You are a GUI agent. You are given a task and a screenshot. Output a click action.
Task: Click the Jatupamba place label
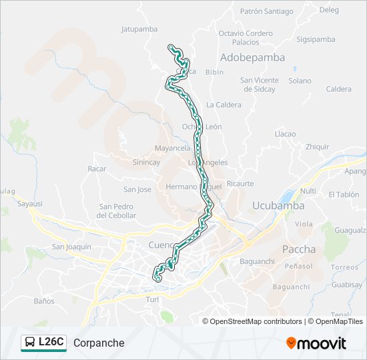[139, 29]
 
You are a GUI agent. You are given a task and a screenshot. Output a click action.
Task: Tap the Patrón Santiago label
[266, 11]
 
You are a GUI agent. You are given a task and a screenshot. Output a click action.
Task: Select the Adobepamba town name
[252, 57]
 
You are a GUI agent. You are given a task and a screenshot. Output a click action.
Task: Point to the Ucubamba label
[278, 205]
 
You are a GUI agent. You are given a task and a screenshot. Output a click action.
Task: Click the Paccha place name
[300, 249]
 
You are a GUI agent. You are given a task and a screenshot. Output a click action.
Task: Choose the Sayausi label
[30, 203]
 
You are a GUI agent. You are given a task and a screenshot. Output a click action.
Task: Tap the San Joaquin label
[71, 247]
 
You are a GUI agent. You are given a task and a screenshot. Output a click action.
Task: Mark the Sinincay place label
[146, 162]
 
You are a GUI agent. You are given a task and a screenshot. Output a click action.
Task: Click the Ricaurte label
[240, 183]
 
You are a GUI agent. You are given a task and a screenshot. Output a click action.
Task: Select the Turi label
[152, 300]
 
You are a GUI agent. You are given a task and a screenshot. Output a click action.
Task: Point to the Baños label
[43, 301]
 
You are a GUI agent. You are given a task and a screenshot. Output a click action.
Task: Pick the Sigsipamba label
[316, 39]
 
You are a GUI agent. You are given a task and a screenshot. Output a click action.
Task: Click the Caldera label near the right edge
[339, 89]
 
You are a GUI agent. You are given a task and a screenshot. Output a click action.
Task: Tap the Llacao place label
[285, 134]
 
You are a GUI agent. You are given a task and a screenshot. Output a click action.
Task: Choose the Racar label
[97, 169]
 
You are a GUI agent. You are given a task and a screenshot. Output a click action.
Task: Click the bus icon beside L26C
[30, 343]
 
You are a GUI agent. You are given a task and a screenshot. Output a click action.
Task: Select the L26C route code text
[51, 343]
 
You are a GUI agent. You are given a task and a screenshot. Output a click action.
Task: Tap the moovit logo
[316, 343]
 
